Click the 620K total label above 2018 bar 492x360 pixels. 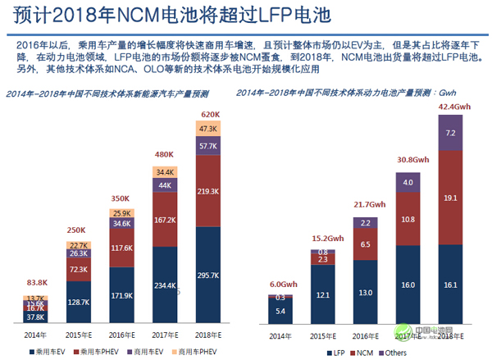click(x=209, y=114)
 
